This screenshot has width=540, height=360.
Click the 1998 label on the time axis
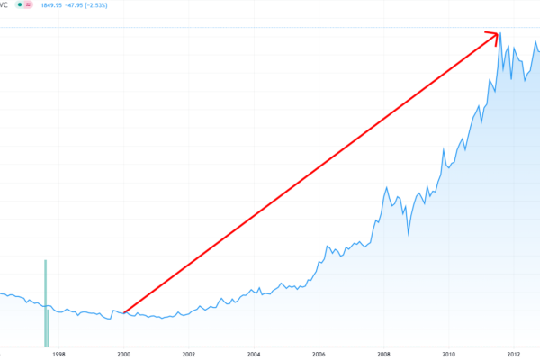tap(58, 354)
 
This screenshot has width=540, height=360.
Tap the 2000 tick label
tap(124, 354)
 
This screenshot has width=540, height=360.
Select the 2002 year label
tap(189, 354)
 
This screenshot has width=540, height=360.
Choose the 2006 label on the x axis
tap(319, 354)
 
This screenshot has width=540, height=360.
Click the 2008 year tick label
tap(384, 354)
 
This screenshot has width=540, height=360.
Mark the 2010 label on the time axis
tap(450, 354)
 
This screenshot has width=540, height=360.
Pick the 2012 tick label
tap(515, 354)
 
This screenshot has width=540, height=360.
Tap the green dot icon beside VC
tap(22, 5)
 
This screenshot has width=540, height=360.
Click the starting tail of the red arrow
tap(124, 312)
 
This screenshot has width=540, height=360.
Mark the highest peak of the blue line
tap(500, 34)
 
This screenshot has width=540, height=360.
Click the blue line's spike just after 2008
tap(387, 188)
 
